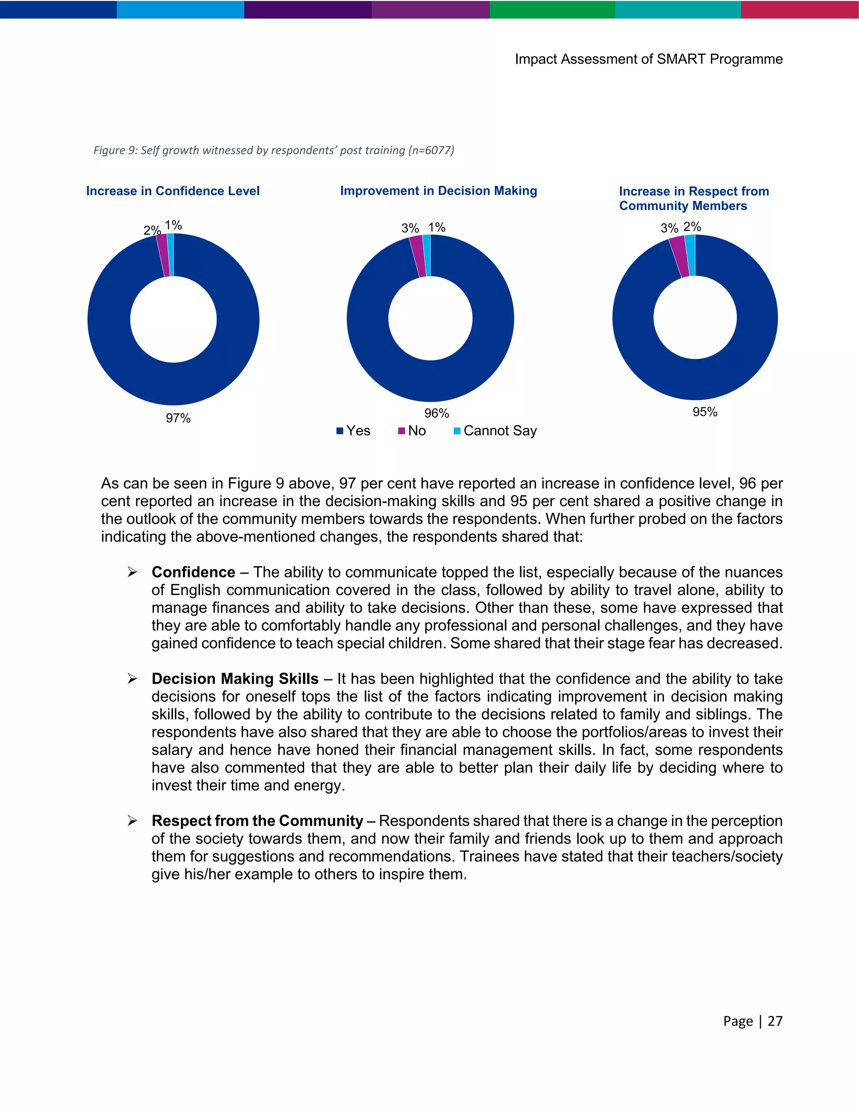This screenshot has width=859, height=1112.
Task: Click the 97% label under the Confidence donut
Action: pos(178,418)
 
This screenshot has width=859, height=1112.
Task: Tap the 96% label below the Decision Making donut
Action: pos(437,413)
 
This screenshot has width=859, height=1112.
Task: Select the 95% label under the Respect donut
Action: pos(705,412)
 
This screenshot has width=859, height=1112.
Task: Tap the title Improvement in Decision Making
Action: pos(438,191)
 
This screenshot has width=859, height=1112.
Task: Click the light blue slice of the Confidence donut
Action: pos(170,255)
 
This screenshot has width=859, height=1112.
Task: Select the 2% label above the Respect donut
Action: pos(692,227)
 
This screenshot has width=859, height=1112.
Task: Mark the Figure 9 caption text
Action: pos(273,150)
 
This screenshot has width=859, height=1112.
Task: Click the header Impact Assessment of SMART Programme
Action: pos(648,59)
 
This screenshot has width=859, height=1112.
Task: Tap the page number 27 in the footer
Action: pos(775,1021)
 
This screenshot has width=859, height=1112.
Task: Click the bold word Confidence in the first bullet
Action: pos(193,572)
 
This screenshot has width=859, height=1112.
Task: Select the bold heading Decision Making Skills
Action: pos(235,679)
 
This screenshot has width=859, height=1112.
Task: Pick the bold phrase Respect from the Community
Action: pos(257,821)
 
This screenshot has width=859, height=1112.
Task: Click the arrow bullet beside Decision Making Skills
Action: pos(132,679)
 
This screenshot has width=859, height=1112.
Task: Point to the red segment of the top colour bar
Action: pos(799,9)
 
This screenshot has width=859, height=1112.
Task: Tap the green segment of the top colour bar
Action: pos(552,9)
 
